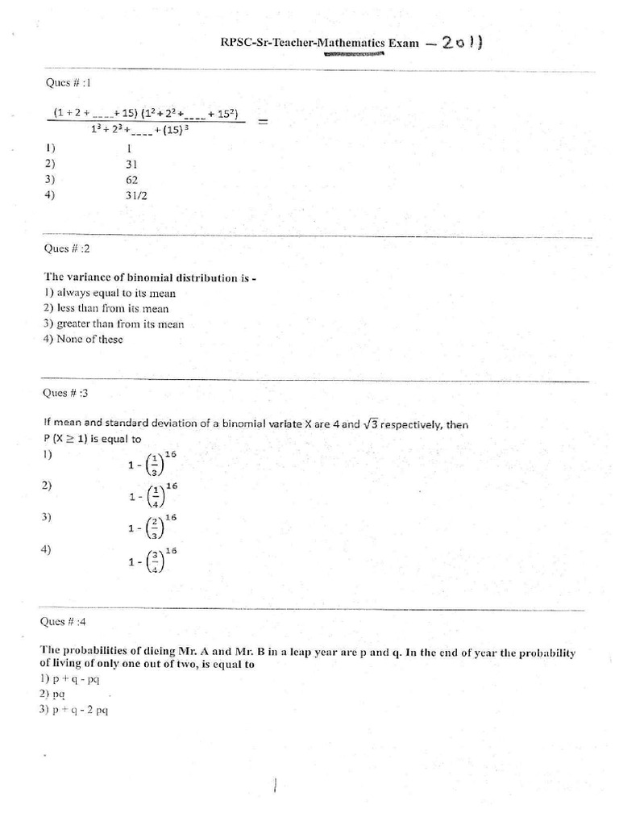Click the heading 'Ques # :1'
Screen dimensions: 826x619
pyautogui.click(x=69, y=81)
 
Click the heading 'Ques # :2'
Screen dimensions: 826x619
pyautogui.click(x=68, y=248)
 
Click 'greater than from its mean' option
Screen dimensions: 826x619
pyautogui.click(x=114, y=324)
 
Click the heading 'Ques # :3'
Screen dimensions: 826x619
pyautogui.click(x=68, y=393)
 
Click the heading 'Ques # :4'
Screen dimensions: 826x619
pyautogui.click(x=69, y=622)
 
